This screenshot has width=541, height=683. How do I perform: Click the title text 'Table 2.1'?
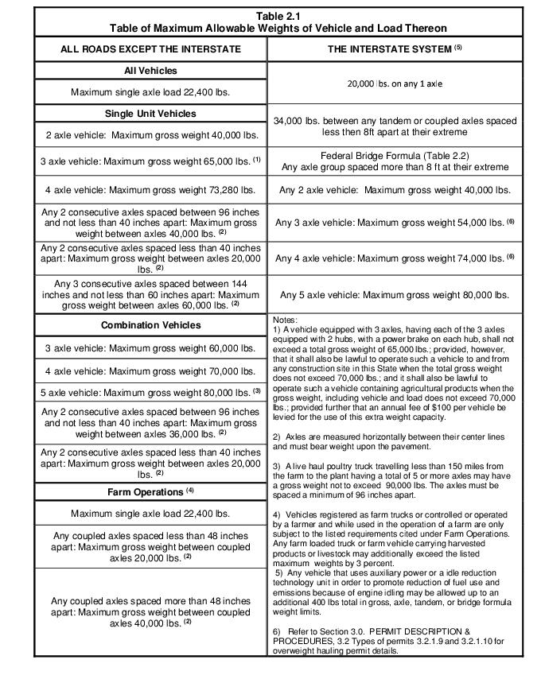[x=278, y=15]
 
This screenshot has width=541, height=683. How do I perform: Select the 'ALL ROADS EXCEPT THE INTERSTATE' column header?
[x=150, y=49]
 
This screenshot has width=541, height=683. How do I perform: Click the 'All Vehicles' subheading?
[x=150, y=71]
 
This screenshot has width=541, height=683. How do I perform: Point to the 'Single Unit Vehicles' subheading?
[x=150, y=113]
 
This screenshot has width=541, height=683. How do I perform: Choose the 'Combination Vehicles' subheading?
[x=150, y=325]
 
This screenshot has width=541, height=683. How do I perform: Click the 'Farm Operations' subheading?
[x=150, y=492]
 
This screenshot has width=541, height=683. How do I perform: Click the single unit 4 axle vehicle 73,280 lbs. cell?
[x=150, y=190]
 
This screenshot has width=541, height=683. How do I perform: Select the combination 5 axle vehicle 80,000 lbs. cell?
[x=150, y=392]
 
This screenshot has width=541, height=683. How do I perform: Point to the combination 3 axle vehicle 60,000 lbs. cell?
[x=150, y=348]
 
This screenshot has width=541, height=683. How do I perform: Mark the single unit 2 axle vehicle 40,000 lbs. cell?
[x=150, y=135]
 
